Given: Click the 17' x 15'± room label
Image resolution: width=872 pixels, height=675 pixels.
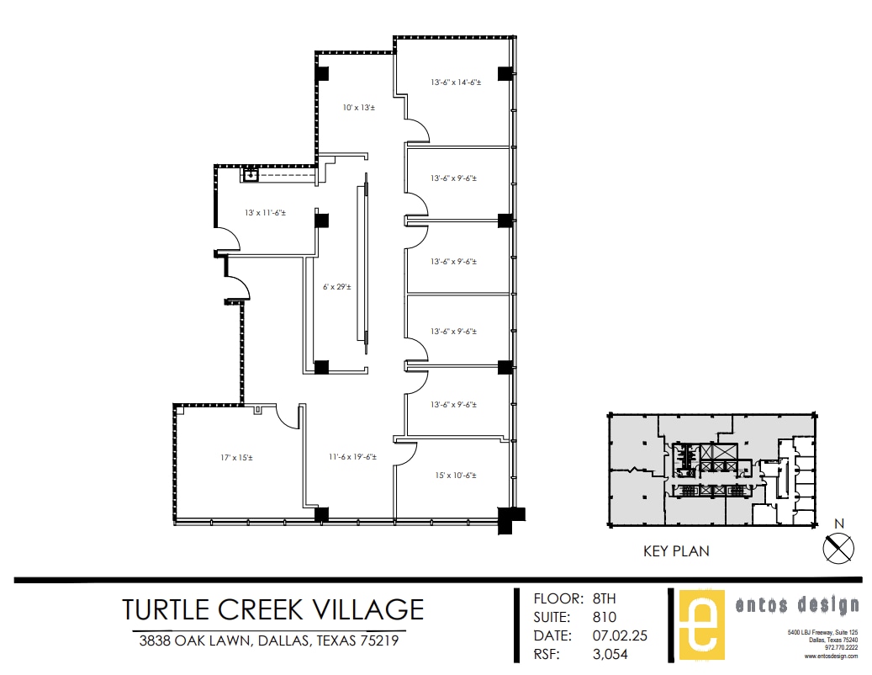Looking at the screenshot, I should pos(236,458).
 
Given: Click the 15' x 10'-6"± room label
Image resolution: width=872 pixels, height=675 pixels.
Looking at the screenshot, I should pos(455,476).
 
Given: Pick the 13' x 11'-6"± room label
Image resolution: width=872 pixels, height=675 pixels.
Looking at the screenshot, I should pos(265,213).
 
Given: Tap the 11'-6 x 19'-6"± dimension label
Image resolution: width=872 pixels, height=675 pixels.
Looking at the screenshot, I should pos(352,457).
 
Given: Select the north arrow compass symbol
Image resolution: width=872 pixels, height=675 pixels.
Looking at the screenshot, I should pos(838,548).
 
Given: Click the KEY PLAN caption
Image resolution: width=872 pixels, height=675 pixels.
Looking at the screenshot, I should pos(676,552).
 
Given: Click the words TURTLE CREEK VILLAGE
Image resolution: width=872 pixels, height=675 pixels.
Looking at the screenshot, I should pos(272,608).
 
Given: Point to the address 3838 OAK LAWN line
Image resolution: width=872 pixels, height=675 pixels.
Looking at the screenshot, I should pos(268,640).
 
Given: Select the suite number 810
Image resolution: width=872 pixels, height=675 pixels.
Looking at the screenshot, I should pos(605,617).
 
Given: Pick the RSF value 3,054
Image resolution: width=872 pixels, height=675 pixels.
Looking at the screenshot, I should pos(611,654).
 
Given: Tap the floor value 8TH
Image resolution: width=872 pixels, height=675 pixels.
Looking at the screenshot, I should pos(605,599).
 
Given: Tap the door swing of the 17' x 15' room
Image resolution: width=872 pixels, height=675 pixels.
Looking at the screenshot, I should pos(289,417).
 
